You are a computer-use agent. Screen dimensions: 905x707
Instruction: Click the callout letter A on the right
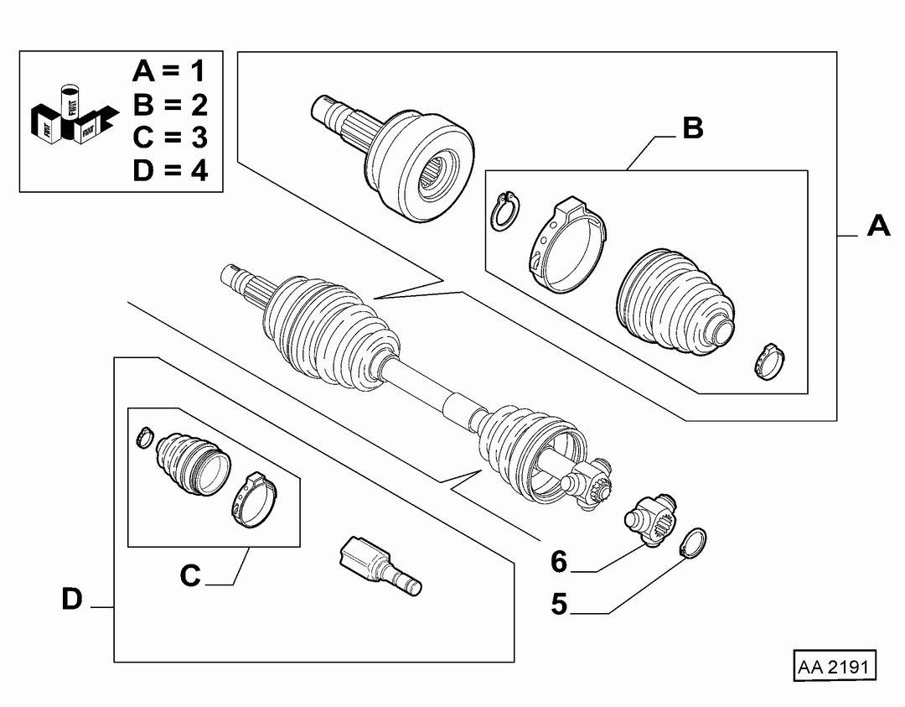tap(878, 226)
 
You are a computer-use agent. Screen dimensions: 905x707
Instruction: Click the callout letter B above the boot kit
tap(693, 127)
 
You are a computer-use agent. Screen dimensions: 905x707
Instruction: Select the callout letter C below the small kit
tap(190, 575)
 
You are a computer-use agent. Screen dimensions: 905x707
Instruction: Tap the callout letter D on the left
tap(72, 599)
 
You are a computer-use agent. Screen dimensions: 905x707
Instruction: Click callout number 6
tap(559, 561)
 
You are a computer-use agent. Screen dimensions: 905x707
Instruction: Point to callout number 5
tap(559, 604)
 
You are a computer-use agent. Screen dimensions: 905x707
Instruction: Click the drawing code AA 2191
tap(833, 667)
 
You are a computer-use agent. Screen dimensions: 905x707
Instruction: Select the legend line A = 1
tap(169, 71)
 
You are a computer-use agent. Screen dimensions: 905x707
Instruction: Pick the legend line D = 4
tap(169, 171)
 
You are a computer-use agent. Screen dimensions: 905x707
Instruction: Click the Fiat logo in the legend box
tap(74, 116)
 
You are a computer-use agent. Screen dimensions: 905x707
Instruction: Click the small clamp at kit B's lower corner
tap(769, 361)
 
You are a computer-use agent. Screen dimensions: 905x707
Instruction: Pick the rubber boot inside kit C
tap(193, 463)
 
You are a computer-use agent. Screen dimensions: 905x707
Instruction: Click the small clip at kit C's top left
tap(144, 437)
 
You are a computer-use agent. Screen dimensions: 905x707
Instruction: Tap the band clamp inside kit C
tap(256, 499)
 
